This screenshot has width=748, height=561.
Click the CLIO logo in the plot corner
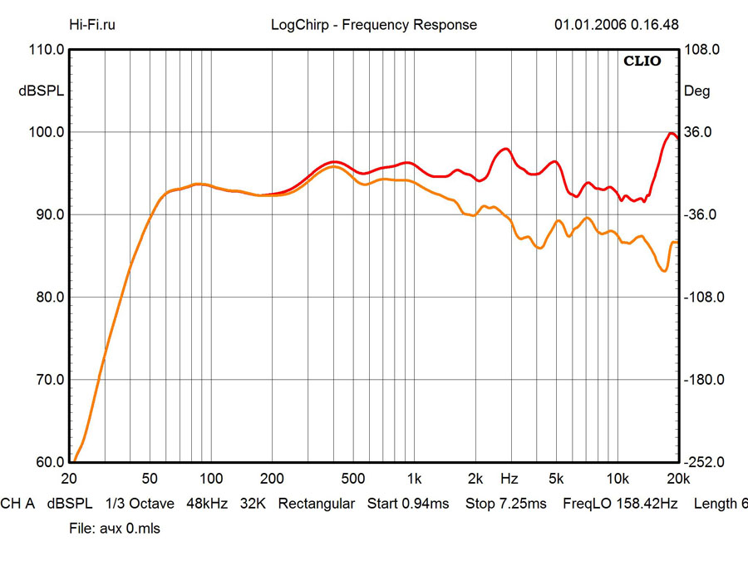click(642, 62)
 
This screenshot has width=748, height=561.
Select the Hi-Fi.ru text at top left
click(92, 24)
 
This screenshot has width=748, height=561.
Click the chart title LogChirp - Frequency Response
click(374, 24)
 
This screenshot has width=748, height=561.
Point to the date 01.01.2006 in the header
click(589, 24)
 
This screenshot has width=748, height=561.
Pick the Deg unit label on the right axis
click(696, 91)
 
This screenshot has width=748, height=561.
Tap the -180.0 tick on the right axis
click(701, 380)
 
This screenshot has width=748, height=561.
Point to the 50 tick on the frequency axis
click(150, 479)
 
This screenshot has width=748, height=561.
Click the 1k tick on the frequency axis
click(414, 479)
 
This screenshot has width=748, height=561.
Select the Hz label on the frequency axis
click(509, 479)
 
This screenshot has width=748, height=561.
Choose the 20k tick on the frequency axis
click(678, 479)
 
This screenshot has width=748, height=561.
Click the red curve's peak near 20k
click(671, 133)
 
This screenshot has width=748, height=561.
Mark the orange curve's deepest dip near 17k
click(663, 271)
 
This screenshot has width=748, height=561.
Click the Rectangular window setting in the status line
click(316, 504)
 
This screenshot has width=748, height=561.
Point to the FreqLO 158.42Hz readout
click(620, 504)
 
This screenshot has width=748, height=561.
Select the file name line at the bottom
click(115, 529)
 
